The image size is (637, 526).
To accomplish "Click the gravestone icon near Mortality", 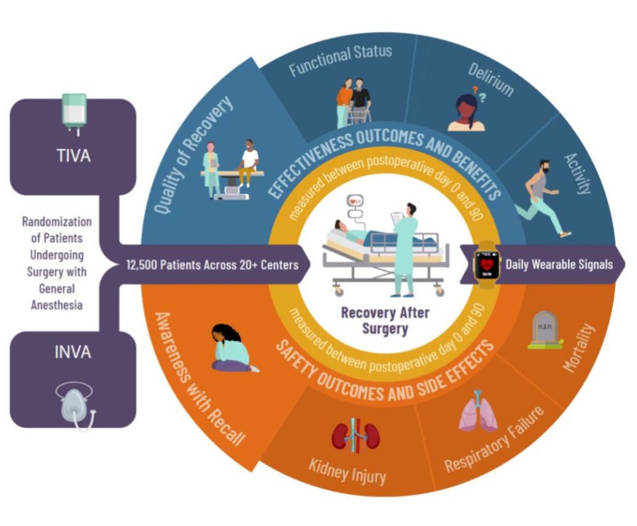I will [545, 330].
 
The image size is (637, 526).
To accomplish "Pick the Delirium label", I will [490, 80].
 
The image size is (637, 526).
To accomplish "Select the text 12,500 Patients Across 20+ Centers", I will [218, 265].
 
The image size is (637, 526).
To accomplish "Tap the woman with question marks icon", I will [468, 112].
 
